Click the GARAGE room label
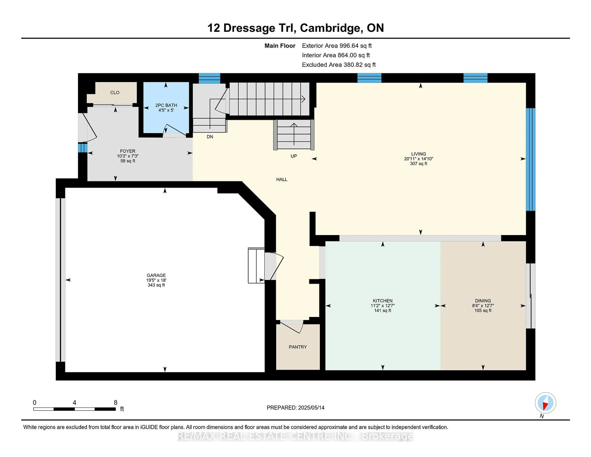(x=156, y=275)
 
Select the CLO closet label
(x=115, y=93)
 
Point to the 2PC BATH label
(x=166, y=105)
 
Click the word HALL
(x=282, y=180)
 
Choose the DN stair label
(x=210, y=137)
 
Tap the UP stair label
(x=294, y=156)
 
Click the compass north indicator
(x=545, y=403)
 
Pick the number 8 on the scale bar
(x=116, y=403)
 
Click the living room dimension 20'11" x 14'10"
(x=419, y=159)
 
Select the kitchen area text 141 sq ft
(x=383, y=311)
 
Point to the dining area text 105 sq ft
(x=483, y=311)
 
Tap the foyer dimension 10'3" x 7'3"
(x=128, y=156)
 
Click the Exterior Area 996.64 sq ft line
(x=337, y=46)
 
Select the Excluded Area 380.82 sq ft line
(x=339, y=65)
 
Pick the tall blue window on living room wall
(x=530, y=160)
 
